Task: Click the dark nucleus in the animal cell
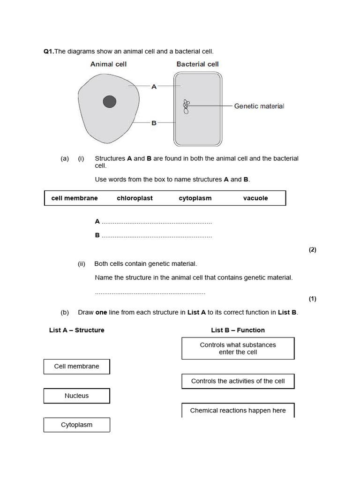110,102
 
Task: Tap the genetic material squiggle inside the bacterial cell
186,107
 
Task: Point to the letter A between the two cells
154,86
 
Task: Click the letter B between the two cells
154,123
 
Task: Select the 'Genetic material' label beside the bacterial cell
259,106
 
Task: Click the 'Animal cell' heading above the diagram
108,64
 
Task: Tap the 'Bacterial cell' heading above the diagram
197,64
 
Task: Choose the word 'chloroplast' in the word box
135,198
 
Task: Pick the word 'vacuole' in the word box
255,198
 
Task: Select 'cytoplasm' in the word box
195,198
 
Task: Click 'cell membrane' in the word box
75,198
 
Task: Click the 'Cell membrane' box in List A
77,367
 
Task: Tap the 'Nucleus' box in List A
77,396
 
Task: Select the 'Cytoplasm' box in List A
77,425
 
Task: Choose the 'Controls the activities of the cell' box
238,381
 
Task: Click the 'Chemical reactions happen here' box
238,410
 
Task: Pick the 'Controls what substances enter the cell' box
238,348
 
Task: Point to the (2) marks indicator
312,250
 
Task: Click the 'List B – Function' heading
238,330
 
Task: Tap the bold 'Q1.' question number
49,51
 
